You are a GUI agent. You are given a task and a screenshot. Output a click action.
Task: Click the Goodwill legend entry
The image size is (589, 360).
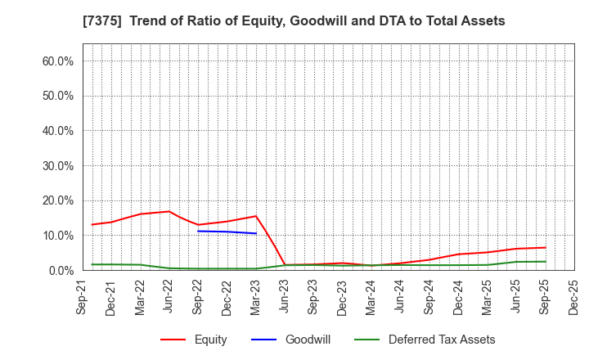[308, 340]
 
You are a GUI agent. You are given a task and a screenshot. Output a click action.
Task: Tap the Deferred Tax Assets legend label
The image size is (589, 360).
[442, 340]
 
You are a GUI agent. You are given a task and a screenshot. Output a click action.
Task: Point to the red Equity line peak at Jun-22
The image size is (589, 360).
[169, 211]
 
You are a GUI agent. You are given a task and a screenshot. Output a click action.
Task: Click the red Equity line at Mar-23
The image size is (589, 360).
[256, 216]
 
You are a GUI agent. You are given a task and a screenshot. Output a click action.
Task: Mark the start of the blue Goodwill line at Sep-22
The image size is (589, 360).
[198, 231]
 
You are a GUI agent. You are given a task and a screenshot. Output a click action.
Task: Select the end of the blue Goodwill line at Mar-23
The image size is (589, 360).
[256, 233]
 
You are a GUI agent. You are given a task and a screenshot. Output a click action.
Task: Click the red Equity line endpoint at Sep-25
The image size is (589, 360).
[545, 247]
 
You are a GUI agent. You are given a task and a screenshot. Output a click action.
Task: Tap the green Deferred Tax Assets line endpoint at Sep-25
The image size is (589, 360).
[545, 262]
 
